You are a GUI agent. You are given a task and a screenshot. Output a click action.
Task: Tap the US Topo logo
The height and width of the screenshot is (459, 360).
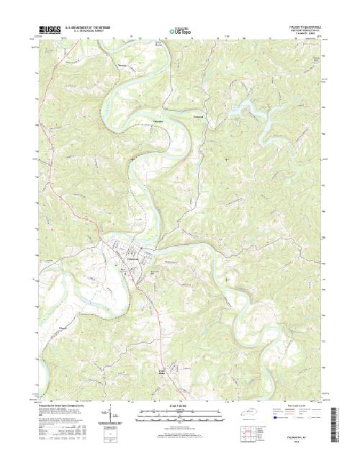(x=180, y=31)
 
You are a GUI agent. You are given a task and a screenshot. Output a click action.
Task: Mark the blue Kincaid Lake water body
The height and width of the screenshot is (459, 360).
(x=252, y=108)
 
